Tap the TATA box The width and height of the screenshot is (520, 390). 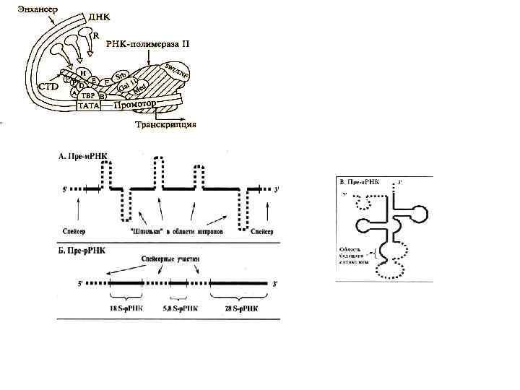(x=88, y=106)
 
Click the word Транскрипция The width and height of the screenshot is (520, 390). (x=166, y=124)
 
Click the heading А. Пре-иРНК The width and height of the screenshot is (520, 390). (x=85, y=155)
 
